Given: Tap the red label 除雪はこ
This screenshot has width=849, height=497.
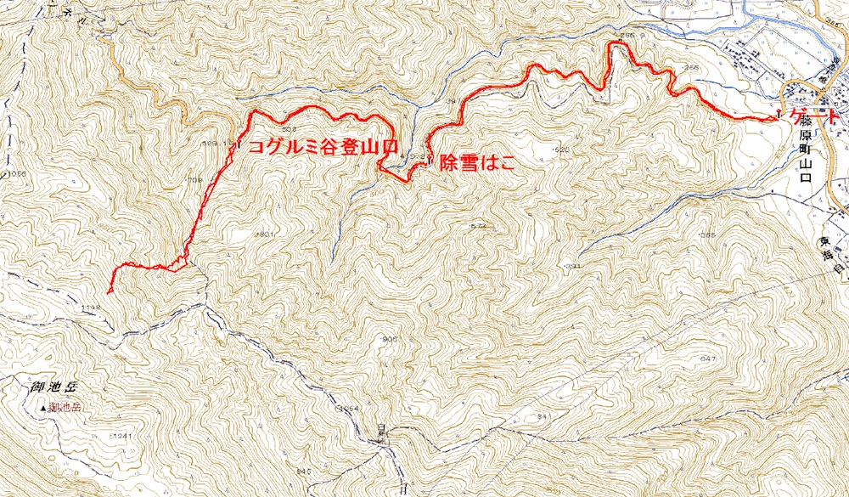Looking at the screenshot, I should [477, 165].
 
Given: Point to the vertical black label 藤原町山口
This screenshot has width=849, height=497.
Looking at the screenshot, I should [806, 157].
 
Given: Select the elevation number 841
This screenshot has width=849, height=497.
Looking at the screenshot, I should [544, 416].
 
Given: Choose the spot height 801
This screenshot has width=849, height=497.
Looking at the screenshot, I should [266, 233].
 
